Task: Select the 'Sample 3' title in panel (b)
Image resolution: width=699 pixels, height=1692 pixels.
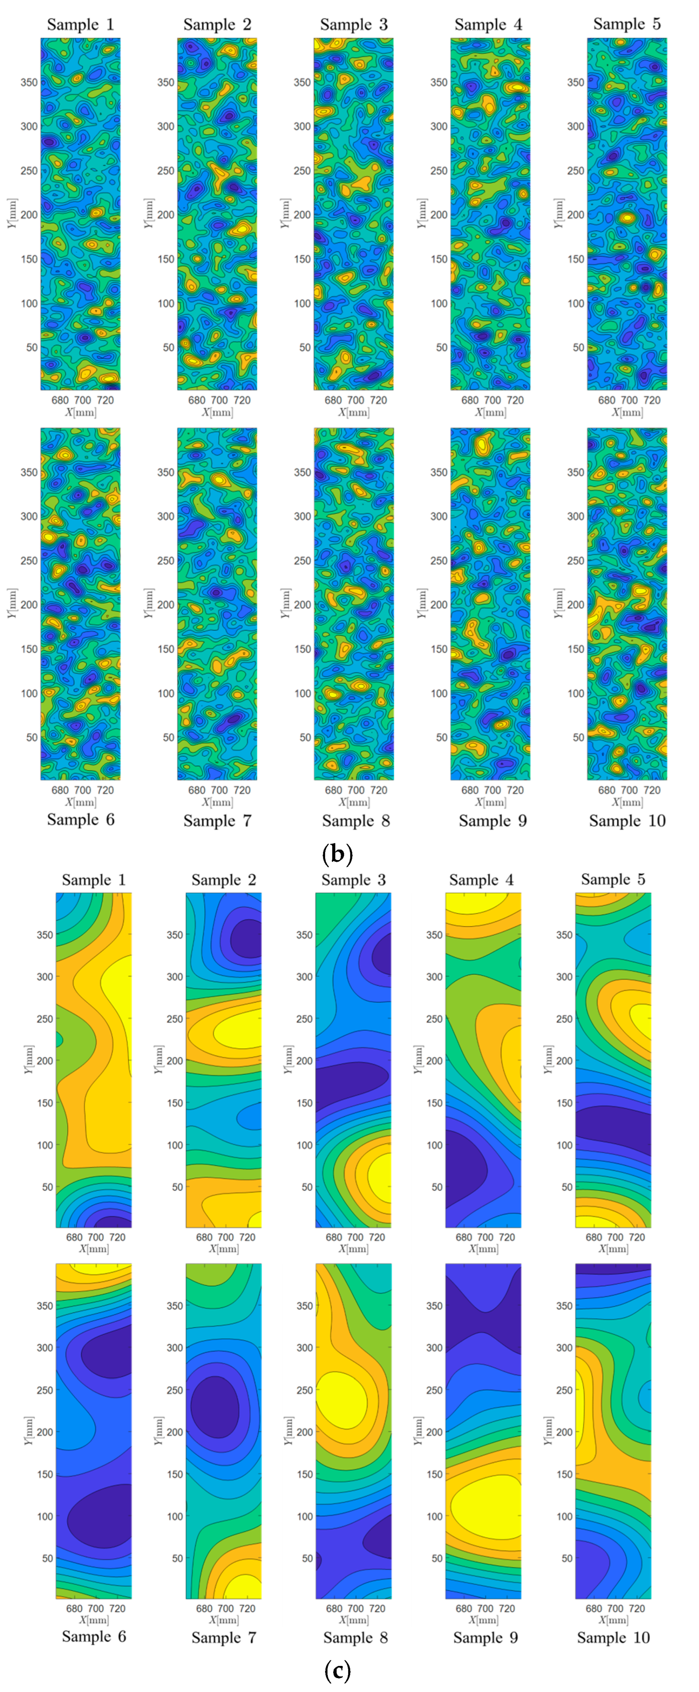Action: point(354,25)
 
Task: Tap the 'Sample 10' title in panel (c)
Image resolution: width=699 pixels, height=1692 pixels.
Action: point(613,1637)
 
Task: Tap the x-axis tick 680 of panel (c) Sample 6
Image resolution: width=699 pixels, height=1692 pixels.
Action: point(74,1608)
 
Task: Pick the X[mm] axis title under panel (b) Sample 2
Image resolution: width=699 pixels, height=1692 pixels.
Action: point(217,413)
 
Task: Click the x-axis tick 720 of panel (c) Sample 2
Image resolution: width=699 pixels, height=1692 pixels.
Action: point(247,1237)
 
